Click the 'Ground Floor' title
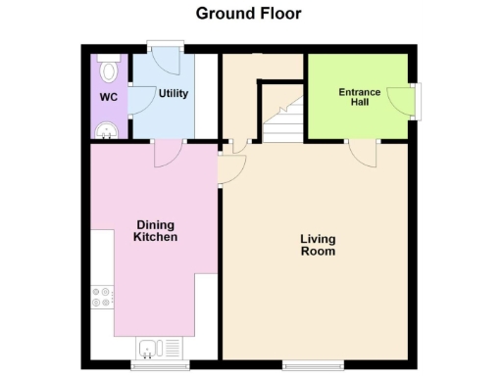[248, 14]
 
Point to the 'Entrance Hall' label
[359, 97]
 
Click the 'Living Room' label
[318, 245]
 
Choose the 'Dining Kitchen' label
[156, 231]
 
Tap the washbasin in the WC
[102, 131]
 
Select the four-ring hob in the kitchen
[102, 296]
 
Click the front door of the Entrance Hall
[404, 98]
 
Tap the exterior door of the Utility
[163, 55]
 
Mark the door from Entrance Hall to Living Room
[363, 153]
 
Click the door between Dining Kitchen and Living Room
[228, 168]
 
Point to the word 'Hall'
[359, 103]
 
